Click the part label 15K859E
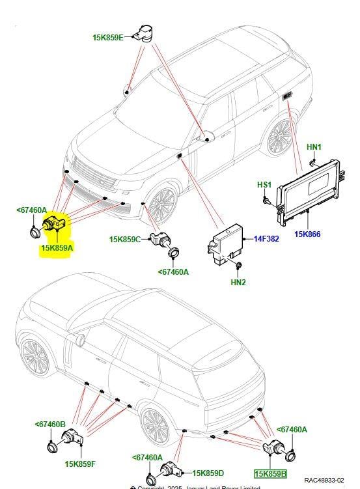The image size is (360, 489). point(107,38)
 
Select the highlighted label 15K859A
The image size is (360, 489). point(57,247)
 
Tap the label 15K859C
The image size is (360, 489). point(124,240)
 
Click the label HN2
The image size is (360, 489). point(238,282)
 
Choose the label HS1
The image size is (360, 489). point(264,185)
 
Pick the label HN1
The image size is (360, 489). point(314,148)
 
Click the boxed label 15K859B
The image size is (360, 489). point(270,474)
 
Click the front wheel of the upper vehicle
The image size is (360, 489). point(161,207)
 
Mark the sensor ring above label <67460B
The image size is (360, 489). point(52,447)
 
